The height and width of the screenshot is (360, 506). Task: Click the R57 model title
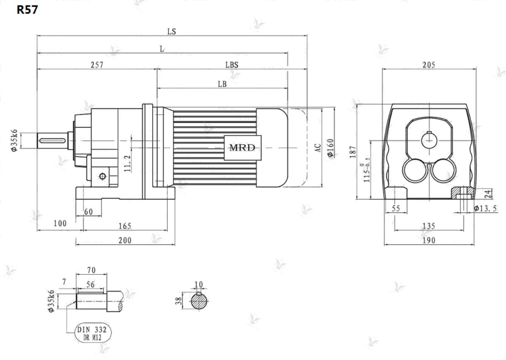click(x=27, y=10)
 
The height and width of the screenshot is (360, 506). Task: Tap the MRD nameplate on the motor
click(x=242, y=148)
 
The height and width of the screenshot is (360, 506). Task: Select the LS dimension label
click(x=172, y=31)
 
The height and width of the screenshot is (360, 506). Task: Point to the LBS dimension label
click(x=232, y=65)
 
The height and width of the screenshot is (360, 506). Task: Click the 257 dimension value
click(x=97, y=65)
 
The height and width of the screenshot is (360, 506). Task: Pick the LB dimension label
click(x=222, y=84)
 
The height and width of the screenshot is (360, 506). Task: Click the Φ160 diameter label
click(x=331, y=148)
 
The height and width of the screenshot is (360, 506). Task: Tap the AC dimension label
click(x=318, y=148)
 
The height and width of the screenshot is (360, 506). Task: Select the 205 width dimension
click(x=429, y=65)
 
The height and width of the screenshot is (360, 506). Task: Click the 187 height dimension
click(x=353, y=152)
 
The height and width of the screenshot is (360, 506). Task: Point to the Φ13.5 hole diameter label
click(x=485, y=208)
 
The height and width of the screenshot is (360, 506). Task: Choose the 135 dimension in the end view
click(x=428, y=226)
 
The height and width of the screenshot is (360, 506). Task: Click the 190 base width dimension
click(x=428, y=241)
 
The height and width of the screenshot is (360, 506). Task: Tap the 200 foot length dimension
click(x=125, y=241)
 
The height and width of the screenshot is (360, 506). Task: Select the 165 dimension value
click(x=125, y=226)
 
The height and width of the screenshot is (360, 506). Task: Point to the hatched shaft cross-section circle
click(x=199, y=302)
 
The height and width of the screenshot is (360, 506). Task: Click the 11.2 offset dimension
click(x=127, y=163)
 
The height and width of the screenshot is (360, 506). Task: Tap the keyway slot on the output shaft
click(x=52, y=141)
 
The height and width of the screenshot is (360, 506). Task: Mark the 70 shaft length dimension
click(x=91, y=270)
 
